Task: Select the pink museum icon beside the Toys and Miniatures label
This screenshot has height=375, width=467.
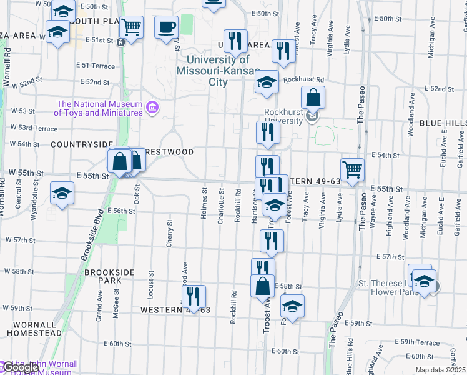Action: [x=151, y=108]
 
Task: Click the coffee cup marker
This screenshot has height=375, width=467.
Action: [x=165, y=27]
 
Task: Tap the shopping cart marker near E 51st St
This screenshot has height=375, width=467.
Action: [x=131, y=27]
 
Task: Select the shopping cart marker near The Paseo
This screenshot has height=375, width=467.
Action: [x=353, y=169]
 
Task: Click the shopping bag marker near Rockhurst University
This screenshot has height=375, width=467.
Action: [x=313, y=97]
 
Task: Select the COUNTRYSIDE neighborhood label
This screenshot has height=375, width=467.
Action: [x=82, y=144]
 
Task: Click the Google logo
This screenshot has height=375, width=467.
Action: [x=20, y=368]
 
